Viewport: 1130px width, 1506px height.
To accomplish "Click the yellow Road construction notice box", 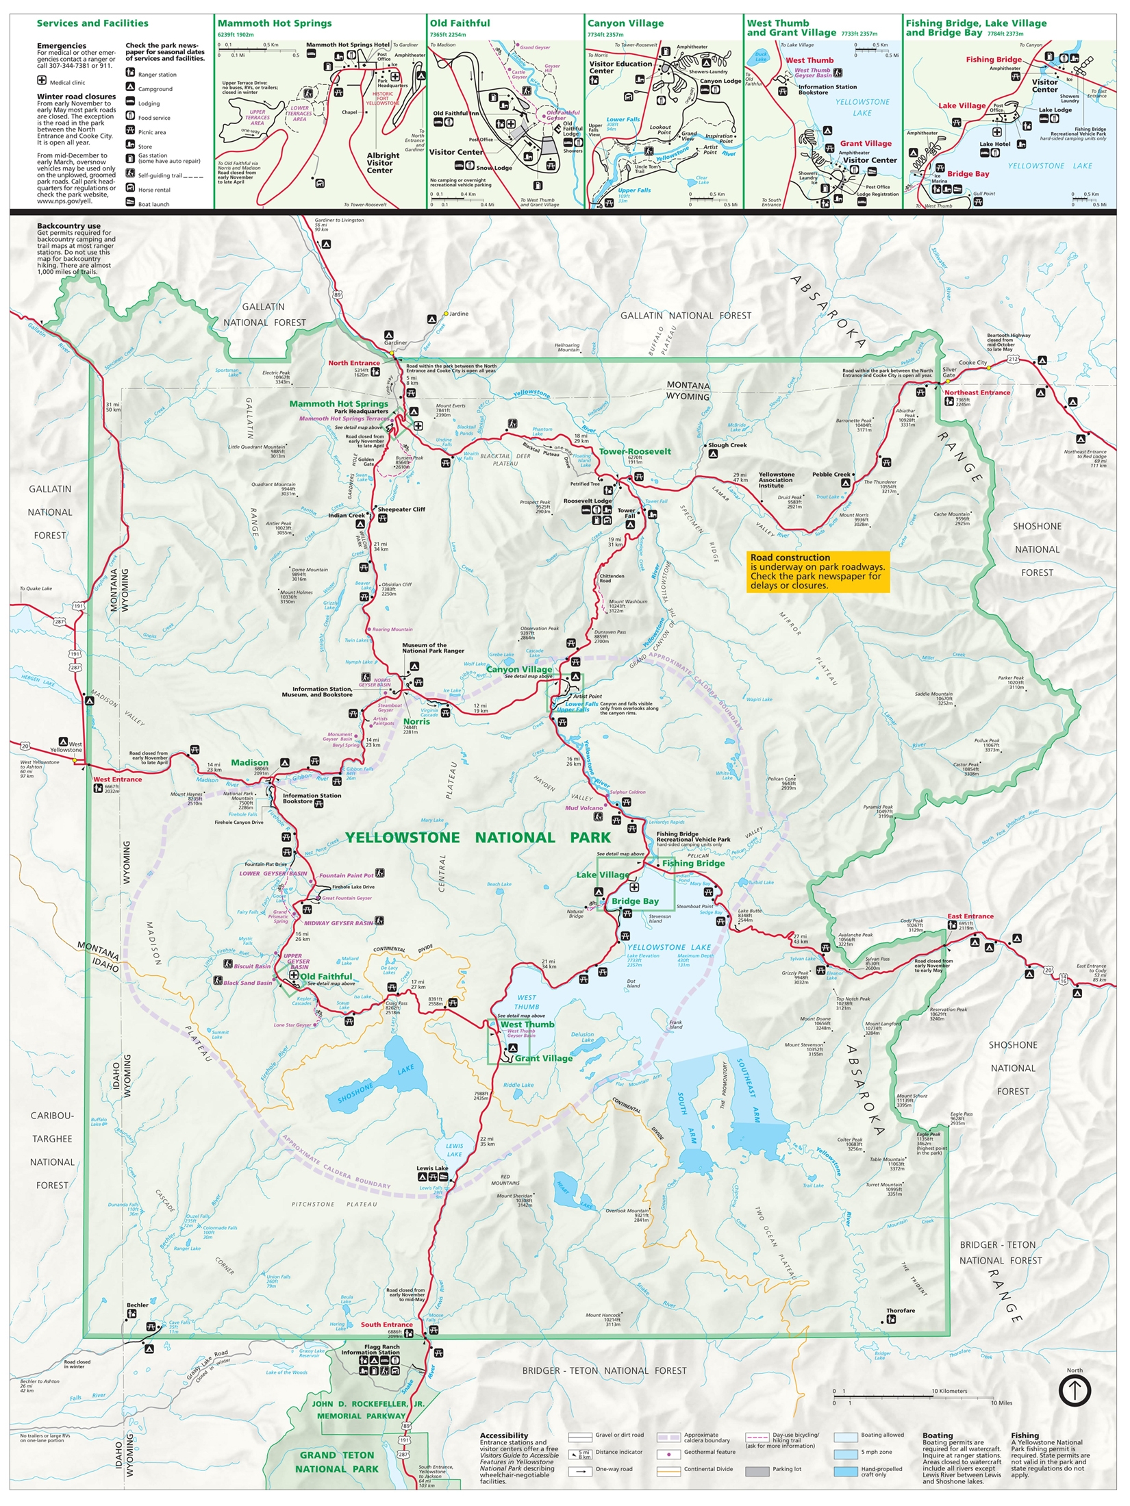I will pos(818,571).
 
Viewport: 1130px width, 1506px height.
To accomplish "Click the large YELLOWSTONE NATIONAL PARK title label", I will pos(477,838).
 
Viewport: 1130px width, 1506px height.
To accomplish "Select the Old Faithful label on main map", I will pos(326,977).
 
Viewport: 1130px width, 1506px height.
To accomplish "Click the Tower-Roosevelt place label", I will pos(635,451).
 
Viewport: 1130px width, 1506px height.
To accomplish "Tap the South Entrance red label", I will pos(386,1325).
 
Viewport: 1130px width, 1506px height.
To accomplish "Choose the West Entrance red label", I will pos(117,779).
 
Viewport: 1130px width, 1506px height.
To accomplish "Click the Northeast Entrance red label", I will pos(977,392).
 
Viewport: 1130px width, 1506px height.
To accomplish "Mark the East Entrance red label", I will pos(970,916).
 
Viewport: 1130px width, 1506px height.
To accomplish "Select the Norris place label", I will pos(416,721).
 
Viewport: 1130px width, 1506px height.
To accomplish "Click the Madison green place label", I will pos(249,762).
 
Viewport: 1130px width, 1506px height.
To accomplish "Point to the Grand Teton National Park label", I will pos(337,1461).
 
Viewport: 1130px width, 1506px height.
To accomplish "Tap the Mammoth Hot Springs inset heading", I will pos(275,23).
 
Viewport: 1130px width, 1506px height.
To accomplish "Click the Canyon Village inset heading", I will pos(625,23).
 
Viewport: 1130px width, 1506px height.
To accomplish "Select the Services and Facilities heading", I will pos(92,23).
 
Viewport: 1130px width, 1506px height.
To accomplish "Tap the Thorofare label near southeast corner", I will pos(900,1310).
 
